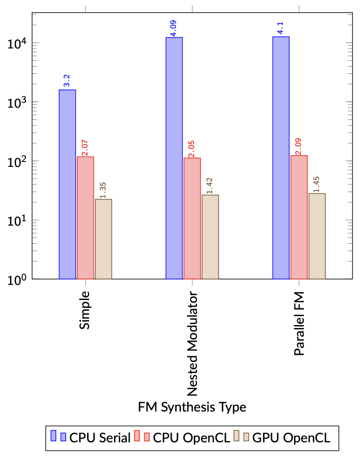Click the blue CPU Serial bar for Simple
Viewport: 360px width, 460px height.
67,184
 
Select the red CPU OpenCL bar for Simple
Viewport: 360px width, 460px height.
86,218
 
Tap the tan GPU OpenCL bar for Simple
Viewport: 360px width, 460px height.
104,239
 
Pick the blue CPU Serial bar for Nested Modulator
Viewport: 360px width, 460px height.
174,158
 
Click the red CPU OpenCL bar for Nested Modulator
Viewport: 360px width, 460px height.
192,218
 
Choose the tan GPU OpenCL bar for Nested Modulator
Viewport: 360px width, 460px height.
210,237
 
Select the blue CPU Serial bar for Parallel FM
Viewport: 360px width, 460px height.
281,158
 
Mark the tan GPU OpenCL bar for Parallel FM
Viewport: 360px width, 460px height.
317,236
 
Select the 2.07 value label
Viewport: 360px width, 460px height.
86,147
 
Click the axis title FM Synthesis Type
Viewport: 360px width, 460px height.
192,407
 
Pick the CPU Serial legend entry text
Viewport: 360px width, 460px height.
100,437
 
